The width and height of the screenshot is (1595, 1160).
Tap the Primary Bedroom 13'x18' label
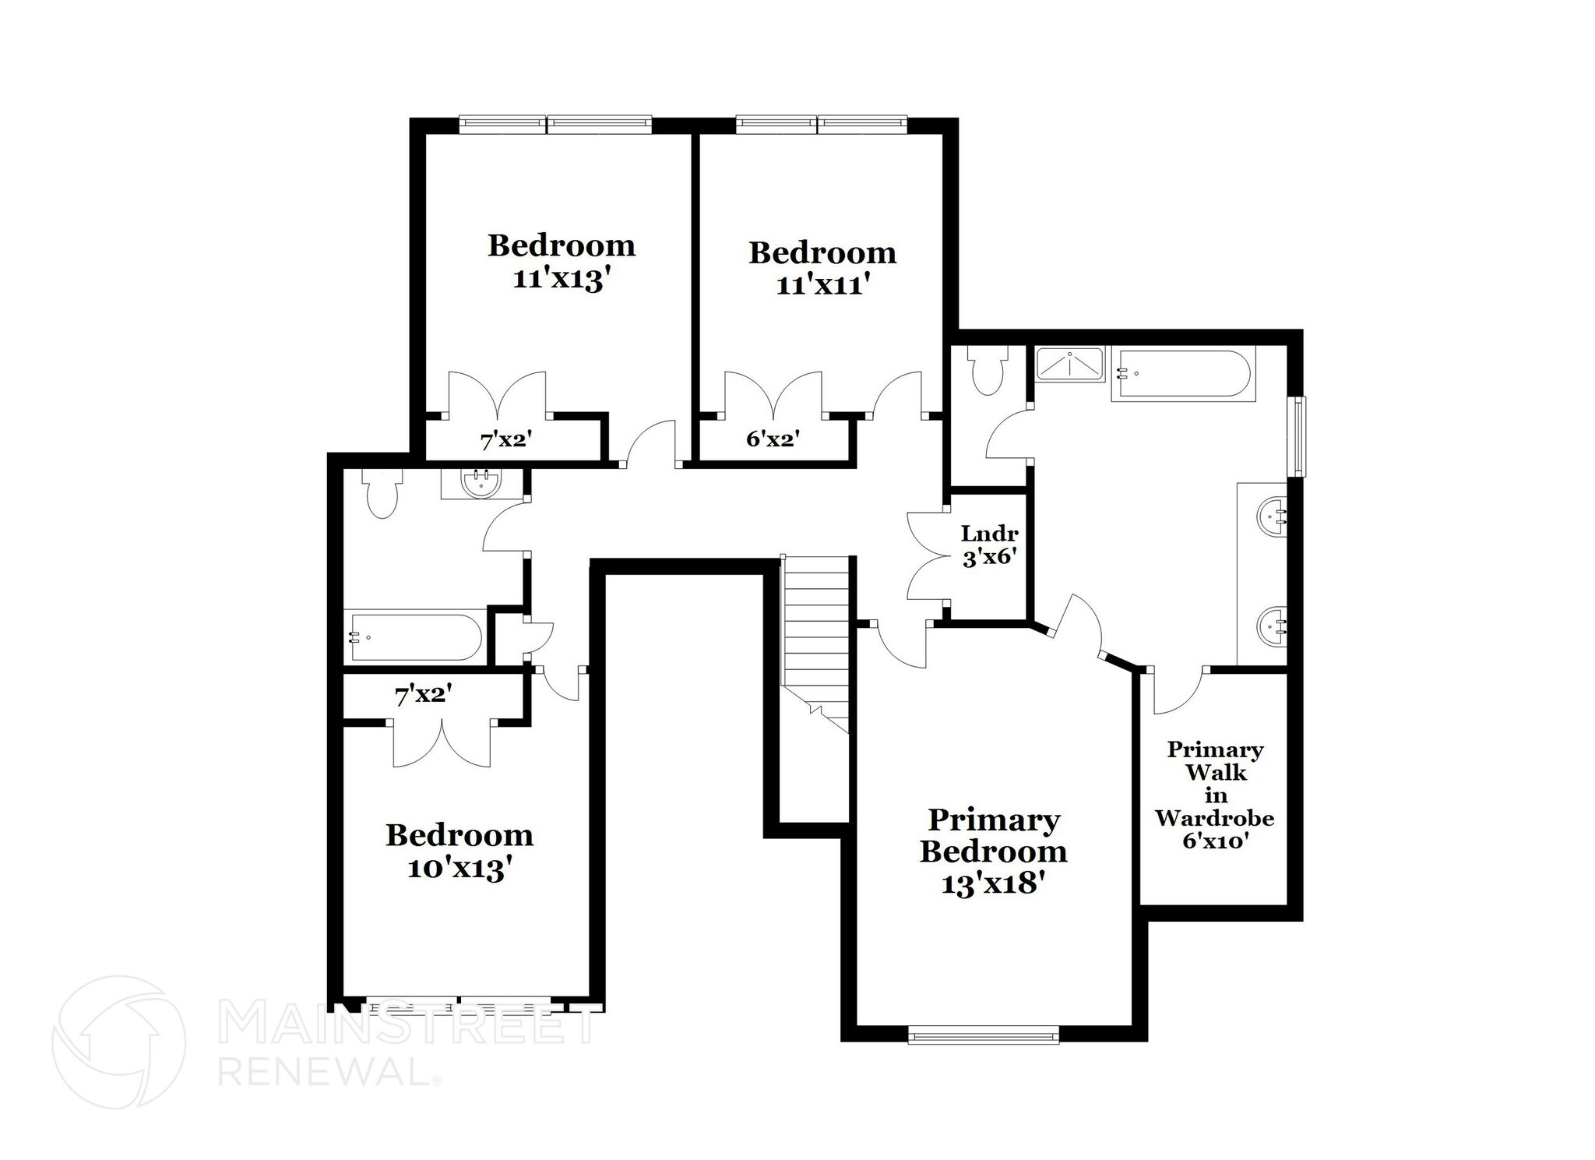(993, 851)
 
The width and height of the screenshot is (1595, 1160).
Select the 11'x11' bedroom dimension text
(822, 285)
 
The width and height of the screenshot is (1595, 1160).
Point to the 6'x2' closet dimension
(773, 439)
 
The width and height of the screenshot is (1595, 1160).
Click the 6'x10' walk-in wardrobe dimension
(1216, 841)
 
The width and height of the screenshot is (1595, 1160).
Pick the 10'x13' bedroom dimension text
(459, 868)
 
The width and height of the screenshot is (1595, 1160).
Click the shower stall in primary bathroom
(1069, 365)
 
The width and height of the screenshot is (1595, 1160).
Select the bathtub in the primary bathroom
(1182, 375)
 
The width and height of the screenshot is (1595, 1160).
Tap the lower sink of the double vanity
(1272, 626)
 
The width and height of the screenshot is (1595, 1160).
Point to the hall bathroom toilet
(381, 495)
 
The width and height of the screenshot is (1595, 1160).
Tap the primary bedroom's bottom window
(984, 1034)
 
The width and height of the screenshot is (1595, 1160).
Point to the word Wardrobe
(1214, 818)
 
